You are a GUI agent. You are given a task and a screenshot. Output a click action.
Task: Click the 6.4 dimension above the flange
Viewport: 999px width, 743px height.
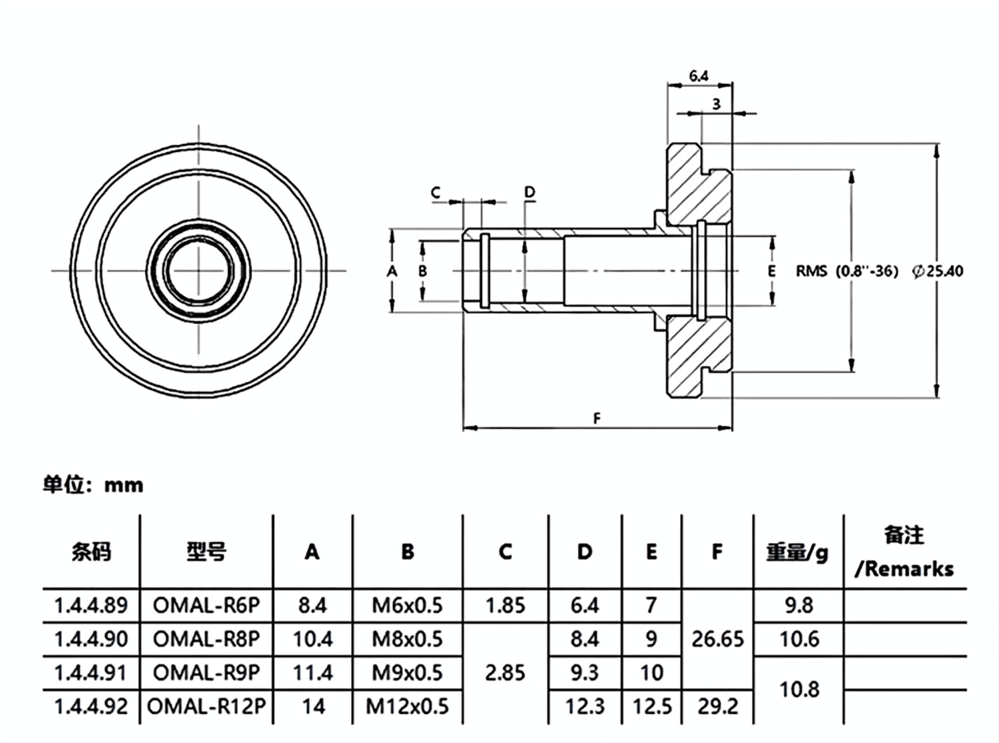699,77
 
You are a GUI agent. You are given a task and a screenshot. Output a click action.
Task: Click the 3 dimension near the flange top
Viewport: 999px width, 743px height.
717,104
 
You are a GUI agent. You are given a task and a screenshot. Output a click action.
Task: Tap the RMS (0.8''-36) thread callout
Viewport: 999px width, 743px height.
847,271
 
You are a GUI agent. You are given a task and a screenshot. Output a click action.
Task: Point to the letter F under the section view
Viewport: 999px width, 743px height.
597,418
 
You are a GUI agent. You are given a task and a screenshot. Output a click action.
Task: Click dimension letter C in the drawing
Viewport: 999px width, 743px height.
436,193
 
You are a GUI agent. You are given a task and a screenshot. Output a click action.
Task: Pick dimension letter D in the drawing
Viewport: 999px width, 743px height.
529,193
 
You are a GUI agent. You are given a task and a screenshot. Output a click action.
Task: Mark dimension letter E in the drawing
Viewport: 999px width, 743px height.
771,271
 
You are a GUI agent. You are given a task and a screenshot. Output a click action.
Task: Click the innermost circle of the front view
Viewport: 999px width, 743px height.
198,270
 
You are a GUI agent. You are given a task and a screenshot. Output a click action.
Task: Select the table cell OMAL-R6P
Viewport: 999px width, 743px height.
206,605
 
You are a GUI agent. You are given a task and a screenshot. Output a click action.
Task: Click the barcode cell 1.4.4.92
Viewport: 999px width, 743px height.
91,706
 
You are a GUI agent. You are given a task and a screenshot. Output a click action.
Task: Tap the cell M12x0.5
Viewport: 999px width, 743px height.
407,706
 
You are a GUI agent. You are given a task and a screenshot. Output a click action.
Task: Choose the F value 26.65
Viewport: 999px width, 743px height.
717,639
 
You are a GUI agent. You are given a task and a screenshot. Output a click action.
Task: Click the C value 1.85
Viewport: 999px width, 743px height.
505,605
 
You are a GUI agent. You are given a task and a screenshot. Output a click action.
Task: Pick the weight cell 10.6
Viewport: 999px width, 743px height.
799,639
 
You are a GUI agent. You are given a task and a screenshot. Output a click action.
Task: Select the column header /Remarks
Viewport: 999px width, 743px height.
904,569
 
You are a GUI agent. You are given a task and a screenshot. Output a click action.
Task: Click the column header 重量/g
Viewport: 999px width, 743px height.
797,552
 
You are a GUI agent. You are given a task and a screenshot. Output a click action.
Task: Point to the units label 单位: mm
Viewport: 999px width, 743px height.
93,484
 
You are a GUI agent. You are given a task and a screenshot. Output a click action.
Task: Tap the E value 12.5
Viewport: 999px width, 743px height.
651,706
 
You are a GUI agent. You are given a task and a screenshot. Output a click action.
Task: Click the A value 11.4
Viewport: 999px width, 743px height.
312,672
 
